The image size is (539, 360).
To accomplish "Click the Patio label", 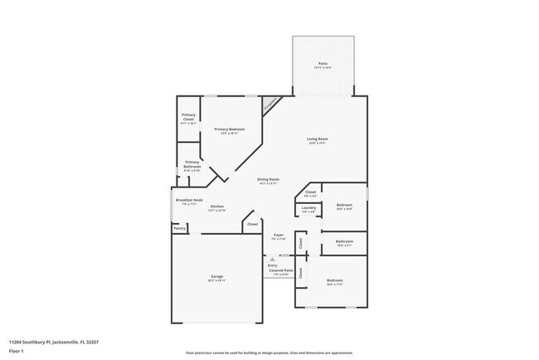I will pyautogui.click(x=323, y=64).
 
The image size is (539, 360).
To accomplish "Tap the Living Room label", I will pyautogui.click(x=318, y=139).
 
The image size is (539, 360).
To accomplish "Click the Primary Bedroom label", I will pyautogui.click(x=229, y=129).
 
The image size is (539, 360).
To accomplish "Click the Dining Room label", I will pyautogui.click(x=268, y=179).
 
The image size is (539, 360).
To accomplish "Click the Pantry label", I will pyautogui.click(x=179, y=227).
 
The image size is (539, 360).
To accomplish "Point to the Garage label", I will pyautogui.click(x=216, y=276).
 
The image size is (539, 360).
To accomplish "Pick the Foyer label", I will pyautogui.click(x=279, y=236).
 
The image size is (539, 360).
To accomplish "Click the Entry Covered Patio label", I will pyautogui.click(x=279, y=269).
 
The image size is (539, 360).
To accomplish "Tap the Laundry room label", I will pyautogui.click(x=308, y=208).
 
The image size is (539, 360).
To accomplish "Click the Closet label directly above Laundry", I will pyautogui.click(x=310, y=192).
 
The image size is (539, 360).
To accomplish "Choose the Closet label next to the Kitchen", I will pyautogui.click(x=252, y=224).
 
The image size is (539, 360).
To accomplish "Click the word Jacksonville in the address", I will pyautogui.click(x=65, y=340).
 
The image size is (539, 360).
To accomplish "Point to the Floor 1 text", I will pyautogui.click(x=17, y=351).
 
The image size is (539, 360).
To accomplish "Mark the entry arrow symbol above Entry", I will pyautogui.click(x=271, y=260).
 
